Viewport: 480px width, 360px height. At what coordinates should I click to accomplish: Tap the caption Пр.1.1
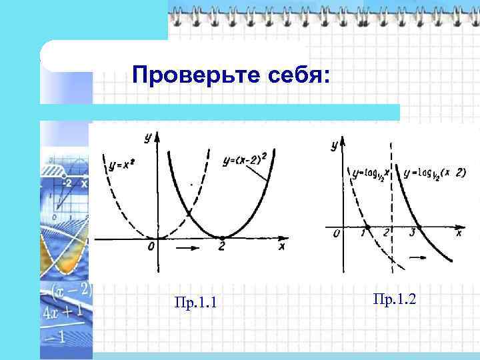(x=195, y=305)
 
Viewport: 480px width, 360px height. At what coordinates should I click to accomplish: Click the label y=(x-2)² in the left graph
(x=244, y=161)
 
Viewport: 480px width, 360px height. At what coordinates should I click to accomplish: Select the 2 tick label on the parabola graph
(x=221, y=247)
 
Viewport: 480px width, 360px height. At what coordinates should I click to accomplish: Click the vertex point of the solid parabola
(x=222, y=237)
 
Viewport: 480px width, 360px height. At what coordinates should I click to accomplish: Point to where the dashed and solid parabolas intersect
(x=189, y=213)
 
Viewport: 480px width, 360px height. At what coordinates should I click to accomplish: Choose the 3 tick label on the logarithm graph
(x=413, y=233)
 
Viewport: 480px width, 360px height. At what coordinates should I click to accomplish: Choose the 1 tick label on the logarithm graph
(x=363, y=233)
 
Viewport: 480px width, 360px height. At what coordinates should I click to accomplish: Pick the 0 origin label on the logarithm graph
(x=337, y=233)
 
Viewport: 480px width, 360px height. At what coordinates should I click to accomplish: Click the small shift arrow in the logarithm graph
(x=417, y=256)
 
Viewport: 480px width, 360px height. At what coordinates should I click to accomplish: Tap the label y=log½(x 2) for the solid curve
(x=435, y=173)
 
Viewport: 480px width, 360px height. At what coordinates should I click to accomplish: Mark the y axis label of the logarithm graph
(x=333, y=146)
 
